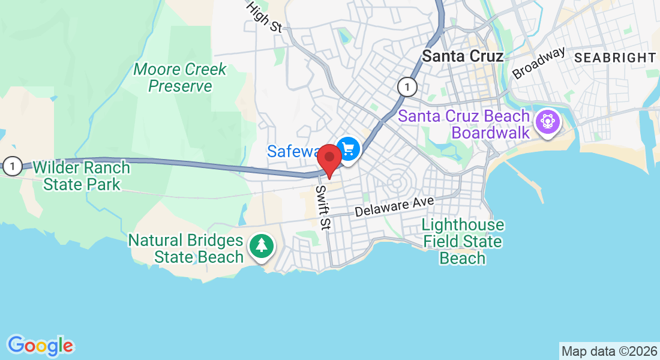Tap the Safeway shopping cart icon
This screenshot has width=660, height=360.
click(x=347, y=148)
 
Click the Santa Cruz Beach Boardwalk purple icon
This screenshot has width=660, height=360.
click(x=547, y=122)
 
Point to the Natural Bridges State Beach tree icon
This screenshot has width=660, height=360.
click(x=261, y=246)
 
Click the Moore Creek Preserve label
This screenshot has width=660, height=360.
click(x=180, y=78)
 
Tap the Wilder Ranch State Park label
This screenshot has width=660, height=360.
click(x=82, y=175)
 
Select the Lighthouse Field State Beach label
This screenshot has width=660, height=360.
click(x=463, y=242)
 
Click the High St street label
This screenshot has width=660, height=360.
click(x=264, y=17)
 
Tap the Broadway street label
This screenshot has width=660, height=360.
click(x=538, y=62)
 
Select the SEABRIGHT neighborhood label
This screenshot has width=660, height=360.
click(x=615, y=58)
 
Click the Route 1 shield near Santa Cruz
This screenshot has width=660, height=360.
click(x=407, y=87)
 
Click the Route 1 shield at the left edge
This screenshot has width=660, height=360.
click(x=11, y=166)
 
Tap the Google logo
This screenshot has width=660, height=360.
click(x=41, y=346)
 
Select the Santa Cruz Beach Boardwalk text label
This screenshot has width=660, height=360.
click(x=465, y=124)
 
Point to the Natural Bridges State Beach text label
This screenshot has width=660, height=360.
click(x=186, y=249)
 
